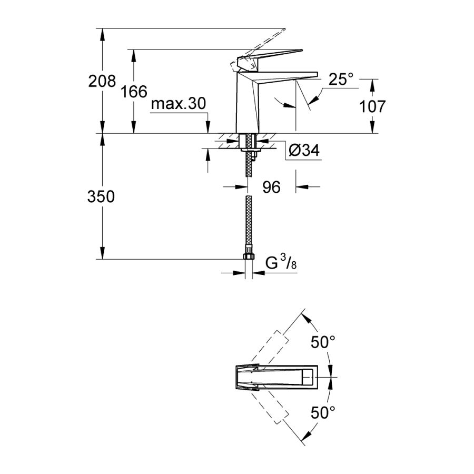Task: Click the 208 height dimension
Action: [102, 81]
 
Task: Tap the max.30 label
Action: [177, 104]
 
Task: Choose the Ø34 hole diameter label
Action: [304, 151]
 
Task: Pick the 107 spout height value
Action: [372, 106]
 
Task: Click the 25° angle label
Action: [341, 80]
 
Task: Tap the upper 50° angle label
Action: [322, 342]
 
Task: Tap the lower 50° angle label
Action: [322, 412]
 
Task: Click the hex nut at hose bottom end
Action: [248, 256]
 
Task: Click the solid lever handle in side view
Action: [271, 55]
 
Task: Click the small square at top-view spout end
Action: [307, 378]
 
